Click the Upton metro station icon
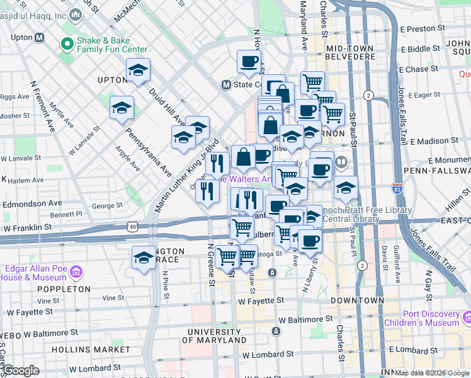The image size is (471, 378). click(40, 37)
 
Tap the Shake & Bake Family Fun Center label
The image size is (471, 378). click(111, 45)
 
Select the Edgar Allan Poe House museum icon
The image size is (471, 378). click(76, 272)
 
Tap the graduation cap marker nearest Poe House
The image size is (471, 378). click(144, 258)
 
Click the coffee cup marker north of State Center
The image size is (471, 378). click(249, 62)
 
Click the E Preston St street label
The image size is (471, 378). click(430, 29)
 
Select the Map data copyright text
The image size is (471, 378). click(432, 373)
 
